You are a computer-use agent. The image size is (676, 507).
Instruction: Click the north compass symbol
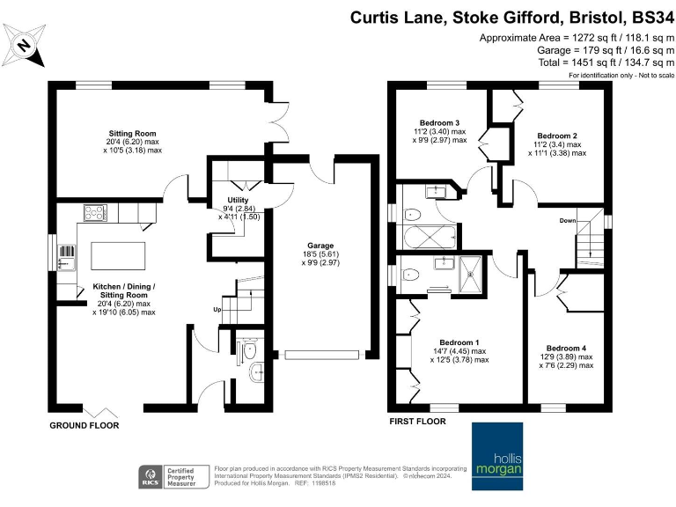coord(25,47)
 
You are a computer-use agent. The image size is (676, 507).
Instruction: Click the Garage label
coord(320,247)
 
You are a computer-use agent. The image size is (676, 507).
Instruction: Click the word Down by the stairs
coord(568,221)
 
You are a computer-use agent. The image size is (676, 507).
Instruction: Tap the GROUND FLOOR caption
coord(84,425)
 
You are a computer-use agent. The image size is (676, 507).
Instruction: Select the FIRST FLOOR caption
coord(417,422)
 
